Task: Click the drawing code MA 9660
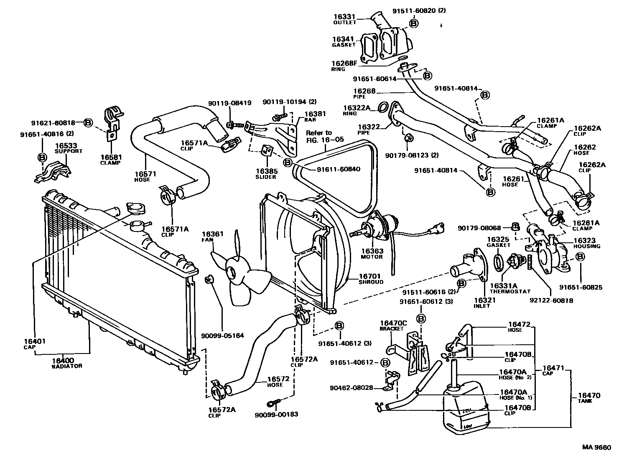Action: coord(596,448)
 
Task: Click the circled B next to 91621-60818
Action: coord(88,123)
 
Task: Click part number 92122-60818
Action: coord(556,300)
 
